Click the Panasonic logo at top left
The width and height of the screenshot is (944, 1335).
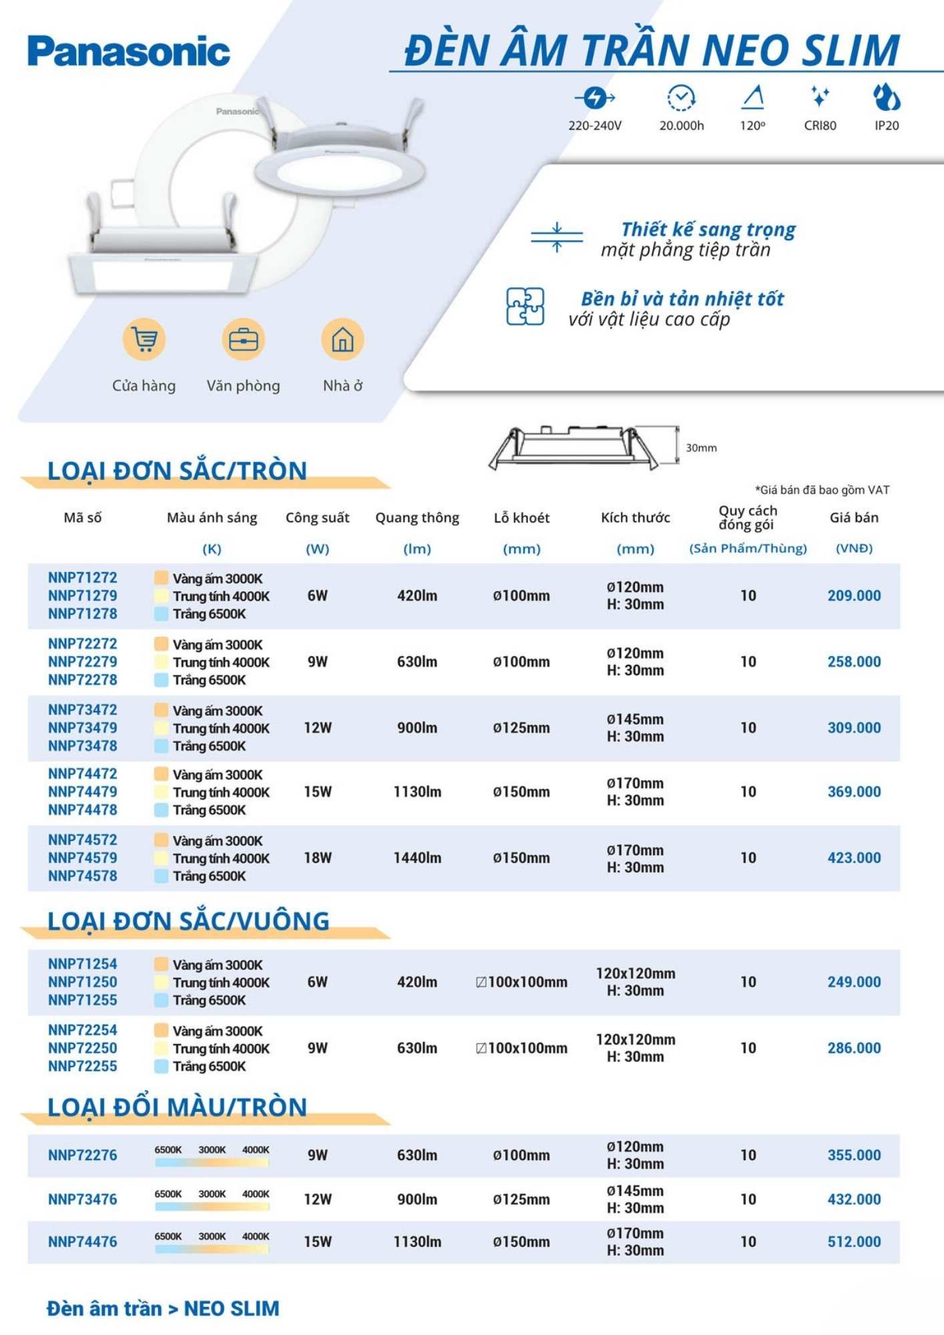pos(129,51)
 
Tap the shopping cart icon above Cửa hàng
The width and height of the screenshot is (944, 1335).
pos(144,339)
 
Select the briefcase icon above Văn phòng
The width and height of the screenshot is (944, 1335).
pos(243,339)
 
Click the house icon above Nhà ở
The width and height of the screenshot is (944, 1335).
pos(342,339)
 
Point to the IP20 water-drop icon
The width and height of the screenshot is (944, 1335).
pos(887,97)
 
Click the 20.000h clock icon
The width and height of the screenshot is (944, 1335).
pos(681,97)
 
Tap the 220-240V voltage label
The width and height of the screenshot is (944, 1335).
pos(595,125)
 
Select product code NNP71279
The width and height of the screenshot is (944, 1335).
pos(82,595)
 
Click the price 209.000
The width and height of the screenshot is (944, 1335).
pos(854,595)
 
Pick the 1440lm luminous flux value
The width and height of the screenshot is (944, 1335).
pos(417,858)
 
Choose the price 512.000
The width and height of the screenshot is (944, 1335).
pos(854,1242)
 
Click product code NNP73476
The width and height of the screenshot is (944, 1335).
pos(82,1199)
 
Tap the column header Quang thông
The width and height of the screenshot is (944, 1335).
pos(417,517)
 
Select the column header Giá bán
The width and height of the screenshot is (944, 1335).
pos(854,517)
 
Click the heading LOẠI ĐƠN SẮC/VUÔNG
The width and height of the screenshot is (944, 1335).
pos(188,921)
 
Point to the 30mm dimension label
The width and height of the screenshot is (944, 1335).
pos(701,448)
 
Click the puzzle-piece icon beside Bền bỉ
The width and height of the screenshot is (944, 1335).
pos(525,306)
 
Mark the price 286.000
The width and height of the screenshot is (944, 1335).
pos(854,1048)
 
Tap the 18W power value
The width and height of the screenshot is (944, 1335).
pos(318,858)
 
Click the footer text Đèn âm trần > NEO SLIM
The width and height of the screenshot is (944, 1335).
pos(163,1308)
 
